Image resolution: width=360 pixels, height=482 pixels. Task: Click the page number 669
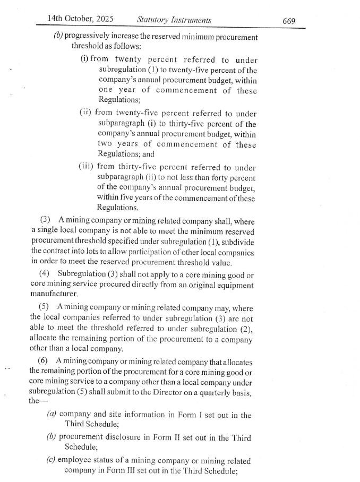point(289,21)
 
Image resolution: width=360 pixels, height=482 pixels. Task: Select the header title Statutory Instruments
point(174,20)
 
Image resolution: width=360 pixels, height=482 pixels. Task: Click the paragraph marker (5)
point(45,308)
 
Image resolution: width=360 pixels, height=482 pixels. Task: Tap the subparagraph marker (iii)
point(86,166)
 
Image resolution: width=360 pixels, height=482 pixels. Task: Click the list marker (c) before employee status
point(51,461)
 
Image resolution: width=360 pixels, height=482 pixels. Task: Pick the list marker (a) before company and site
point(51,415)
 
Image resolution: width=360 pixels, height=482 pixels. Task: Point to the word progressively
point(88,37)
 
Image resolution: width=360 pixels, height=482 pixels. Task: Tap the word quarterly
point(222,392)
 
